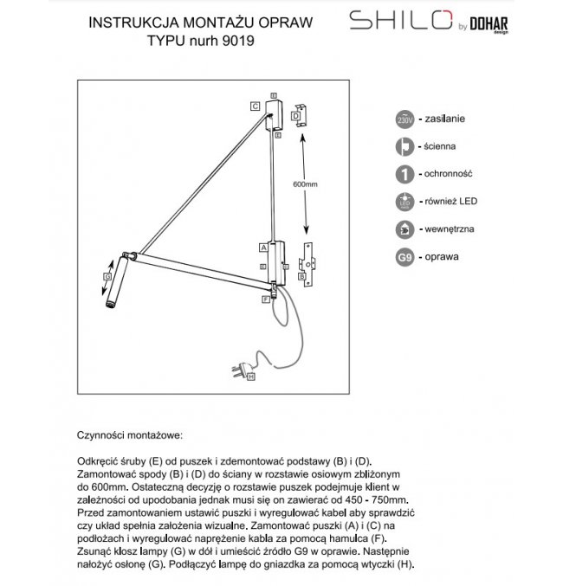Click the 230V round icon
[404, 119]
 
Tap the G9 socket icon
[404, 258]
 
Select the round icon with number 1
[404, 174]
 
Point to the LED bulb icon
[404, 202]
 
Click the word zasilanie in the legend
[449, 119]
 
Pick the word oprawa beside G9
[442, 258]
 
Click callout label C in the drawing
[256, 106]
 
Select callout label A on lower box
[262, 247]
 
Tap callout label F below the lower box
[266, 299]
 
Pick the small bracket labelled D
[299, 118]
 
